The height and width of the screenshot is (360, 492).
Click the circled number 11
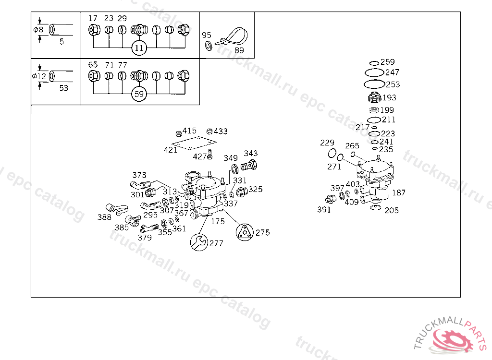[x=139, y=48]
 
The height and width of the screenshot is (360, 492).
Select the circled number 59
[x=139, y=94]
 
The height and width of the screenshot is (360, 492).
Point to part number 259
[x=387, y=62]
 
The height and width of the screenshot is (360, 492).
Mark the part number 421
[x=171, y=150]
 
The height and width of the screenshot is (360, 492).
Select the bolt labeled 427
[x=210, y=155]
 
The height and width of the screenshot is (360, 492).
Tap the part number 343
[x=250, y=154]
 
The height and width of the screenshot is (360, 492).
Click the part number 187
[x=399, y=192]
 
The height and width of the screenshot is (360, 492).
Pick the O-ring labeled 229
[x=332, y=153]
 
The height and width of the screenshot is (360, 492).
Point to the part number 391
[x=324, y=210]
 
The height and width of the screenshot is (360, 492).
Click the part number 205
[x=391, y=210]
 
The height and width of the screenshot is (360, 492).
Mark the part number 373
[x=139, y=175]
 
